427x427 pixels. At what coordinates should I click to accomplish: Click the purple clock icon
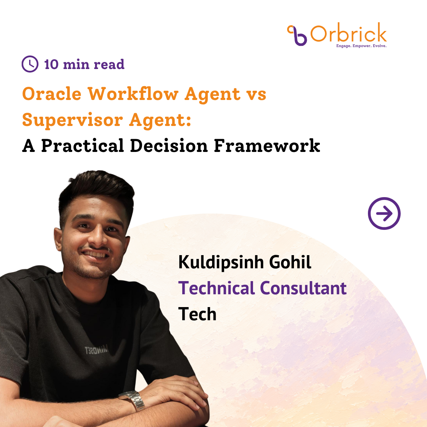(30, 64)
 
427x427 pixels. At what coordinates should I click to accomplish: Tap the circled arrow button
(384, 213)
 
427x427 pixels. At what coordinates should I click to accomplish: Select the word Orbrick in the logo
(349, 32)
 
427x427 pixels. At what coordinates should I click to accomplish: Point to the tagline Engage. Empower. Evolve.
(361, 46)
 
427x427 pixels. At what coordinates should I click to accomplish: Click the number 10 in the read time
(51, 64)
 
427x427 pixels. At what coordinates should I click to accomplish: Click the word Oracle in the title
(52, 94)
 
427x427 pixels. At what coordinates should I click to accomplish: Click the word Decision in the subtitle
(169, 146)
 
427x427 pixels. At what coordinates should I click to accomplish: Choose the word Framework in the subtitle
(267, 146)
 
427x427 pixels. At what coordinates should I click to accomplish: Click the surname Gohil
(290, 262)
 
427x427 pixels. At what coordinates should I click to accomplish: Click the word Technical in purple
(216, 288)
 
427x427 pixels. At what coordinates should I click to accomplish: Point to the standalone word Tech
(197, 314)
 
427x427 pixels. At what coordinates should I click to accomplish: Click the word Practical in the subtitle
(83, 146)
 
